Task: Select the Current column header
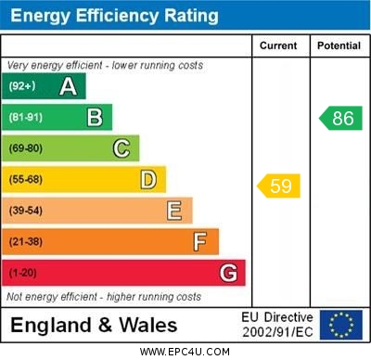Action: point(278,45)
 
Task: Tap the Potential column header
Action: point(339,45)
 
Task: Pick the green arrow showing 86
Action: point(340,118)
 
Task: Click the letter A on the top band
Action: point(68,87)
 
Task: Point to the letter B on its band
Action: point(95,117)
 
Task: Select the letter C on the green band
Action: point(122,148)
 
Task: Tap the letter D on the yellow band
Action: point(148,179)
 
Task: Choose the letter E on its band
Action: point(174,211)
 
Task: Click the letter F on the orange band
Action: point(200,242)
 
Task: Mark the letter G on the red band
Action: point(228,273)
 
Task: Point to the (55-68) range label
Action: point(26,179)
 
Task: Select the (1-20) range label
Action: point(23,273)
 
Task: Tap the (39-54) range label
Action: point(26,211)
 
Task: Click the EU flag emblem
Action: point(340,325)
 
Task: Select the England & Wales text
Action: point(94,326)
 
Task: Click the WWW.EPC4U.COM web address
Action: point(185,353)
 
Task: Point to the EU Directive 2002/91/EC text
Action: point(277,325)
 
